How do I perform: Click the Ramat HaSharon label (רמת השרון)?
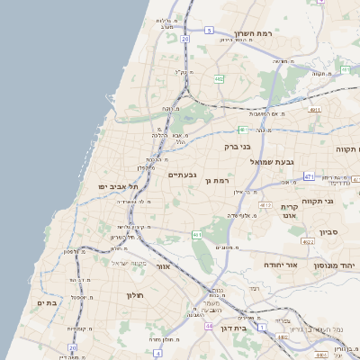[252, 32]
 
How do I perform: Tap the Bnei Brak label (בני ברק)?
[237, 145]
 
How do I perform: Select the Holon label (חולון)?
[132, 295]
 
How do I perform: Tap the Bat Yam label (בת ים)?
[47, 303]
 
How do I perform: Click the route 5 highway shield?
[209, 30]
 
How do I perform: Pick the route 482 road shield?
[219, 79]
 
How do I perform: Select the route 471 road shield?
[309, 176]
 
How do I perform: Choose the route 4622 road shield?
[308, 241]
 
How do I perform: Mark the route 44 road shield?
[209, 325]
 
